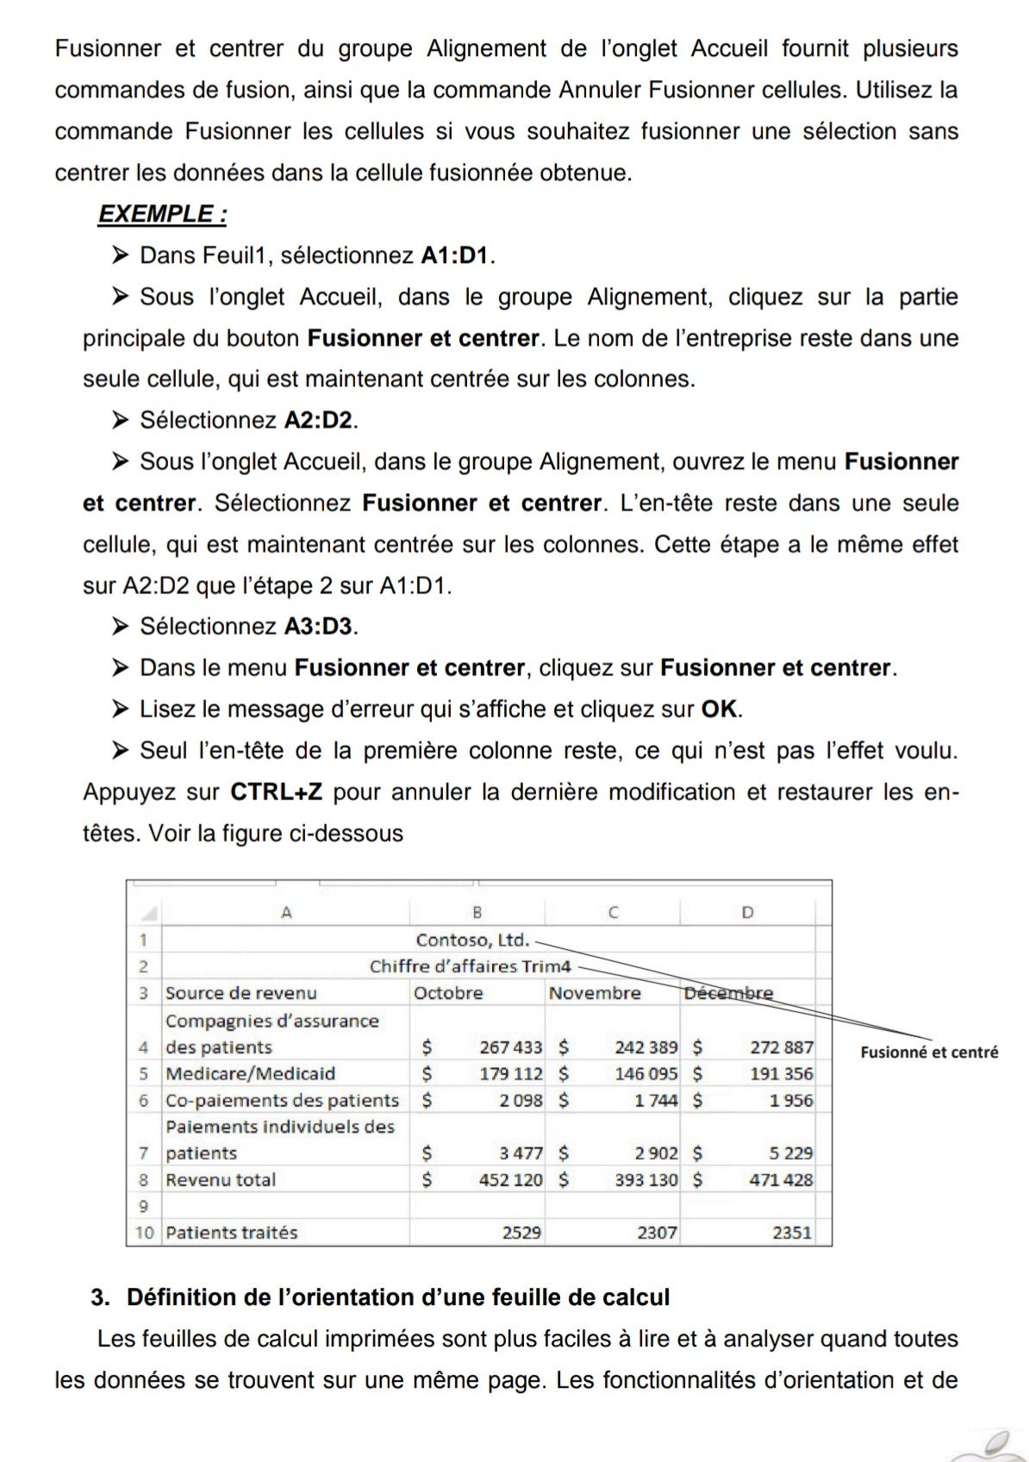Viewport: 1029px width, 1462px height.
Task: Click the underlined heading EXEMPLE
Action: coord(162,214)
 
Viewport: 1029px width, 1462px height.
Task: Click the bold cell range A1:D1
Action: coord(454,255)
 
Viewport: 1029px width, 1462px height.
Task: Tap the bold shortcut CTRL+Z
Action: coord(276,791)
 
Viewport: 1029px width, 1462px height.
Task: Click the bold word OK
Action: coord(719,709)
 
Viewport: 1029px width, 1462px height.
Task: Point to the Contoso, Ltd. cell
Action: coord(472,940)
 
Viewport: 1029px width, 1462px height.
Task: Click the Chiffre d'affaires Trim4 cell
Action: coord(470,966)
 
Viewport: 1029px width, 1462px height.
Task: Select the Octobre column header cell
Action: coord(448,993)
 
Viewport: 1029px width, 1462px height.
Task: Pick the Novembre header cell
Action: coord(595,993)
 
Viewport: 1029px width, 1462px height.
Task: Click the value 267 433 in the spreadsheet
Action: coord(511,1047)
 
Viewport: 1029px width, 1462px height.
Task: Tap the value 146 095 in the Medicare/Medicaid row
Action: coord(646,1074)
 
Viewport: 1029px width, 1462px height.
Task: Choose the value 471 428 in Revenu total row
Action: coord(781,1180)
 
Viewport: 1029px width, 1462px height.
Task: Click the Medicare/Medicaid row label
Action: coord(250,1074)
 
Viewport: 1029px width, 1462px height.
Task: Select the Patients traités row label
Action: coord(231,1233)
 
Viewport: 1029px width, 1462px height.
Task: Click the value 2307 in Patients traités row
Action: coord(657,1233)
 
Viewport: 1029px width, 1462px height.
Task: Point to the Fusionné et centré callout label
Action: coord(929,1052)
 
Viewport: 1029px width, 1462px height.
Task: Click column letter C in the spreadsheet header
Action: coord(613,912)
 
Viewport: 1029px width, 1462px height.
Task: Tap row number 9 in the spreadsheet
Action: coord(143,1207)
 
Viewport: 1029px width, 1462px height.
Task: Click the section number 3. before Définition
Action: coord(101,1297)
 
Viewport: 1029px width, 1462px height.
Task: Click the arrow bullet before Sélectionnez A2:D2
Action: coord(120,420)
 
